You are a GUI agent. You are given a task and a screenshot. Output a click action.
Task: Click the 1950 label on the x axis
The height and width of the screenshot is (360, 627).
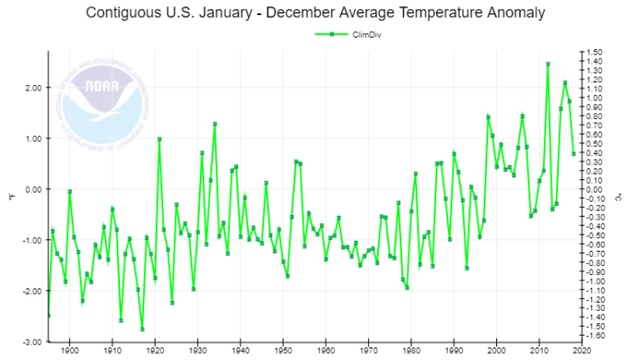pyautogui.click(x=283, y=351)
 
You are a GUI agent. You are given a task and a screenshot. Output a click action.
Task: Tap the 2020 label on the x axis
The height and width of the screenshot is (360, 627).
pyautogui.click(x=581, y=351)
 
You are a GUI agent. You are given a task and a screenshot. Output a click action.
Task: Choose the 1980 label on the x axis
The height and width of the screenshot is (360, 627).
pyautogui.click(x=411, y=351)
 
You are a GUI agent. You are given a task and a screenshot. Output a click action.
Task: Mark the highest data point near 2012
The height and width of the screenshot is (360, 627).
pyautogui.click(x=547, y=64)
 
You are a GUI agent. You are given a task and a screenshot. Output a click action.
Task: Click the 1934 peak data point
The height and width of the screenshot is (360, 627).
pyautogui.click(x=215, y=124)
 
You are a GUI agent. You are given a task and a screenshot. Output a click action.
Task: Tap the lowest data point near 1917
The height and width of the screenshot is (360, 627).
pyautogui.click(x=142, y=330)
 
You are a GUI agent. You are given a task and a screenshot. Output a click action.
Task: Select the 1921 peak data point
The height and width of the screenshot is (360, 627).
pyautogui.click(x=159, y=139)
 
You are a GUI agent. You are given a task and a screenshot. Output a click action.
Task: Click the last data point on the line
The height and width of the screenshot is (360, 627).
pyautogui.click(x=573, y=154)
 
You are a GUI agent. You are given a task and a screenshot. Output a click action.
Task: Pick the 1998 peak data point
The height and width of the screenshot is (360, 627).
pyautogui.click(x=488, y=117)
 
